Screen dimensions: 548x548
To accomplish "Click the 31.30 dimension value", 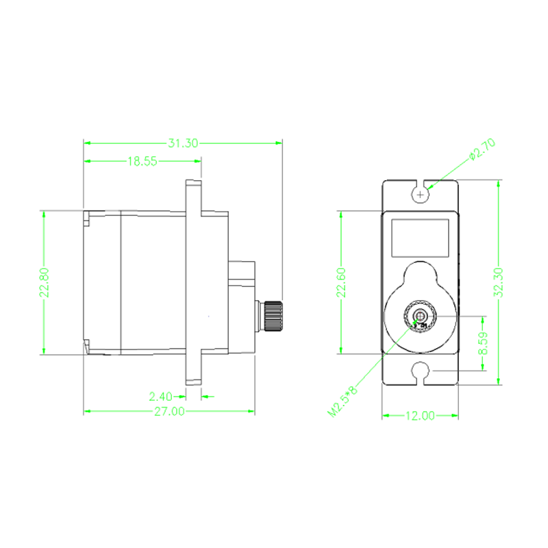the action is tap(183, 143).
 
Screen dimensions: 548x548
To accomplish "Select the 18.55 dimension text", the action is tap(142, 162).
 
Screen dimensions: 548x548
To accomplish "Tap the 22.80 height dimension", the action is tap(44, 282).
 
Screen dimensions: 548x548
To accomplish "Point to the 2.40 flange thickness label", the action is tap(160, 397).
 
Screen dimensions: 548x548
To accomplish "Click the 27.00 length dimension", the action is tap(169, 412).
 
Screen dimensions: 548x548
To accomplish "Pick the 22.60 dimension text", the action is tap(341, 282).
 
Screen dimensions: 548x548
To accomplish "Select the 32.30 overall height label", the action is tap(499, 282).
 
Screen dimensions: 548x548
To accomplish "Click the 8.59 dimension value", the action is tap(483, 343).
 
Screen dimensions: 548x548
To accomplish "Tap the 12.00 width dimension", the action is tap(420, 416).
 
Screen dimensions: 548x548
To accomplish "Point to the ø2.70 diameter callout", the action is tap(482, 149).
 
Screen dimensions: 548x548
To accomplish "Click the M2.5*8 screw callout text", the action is tap(343, 401).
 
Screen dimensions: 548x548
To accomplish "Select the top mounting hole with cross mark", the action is tap(420, 194).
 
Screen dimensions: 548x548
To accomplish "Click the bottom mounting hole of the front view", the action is tap(420, 371).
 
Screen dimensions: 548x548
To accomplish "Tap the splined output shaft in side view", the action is tap(273, 316).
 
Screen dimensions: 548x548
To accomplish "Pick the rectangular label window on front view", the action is tap(420, 238).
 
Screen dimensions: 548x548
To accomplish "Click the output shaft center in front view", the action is tap(420, 316).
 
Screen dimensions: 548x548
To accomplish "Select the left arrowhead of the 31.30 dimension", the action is tap(88, 143).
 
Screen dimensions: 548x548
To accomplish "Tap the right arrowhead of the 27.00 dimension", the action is tap(251, 412).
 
